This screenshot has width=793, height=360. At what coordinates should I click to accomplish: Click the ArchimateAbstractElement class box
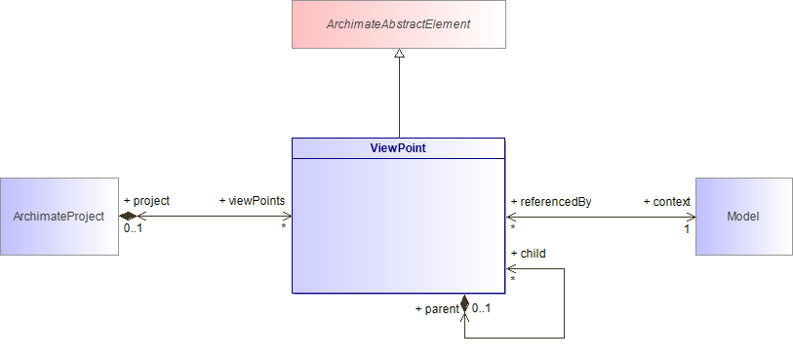click(x=399, y=24)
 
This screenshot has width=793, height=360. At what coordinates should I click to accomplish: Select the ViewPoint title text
click(x=398, y=148)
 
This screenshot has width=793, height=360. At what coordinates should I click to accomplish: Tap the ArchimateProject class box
click(x=59, y=217)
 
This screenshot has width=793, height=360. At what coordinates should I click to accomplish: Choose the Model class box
click(x=743, y=217)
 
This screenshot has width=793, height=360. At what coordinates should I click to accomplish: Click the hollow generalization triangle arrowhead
click(x=399, y=56)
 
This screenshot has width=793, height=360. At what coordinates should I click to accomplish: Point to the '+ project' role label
click(x=146, y=201)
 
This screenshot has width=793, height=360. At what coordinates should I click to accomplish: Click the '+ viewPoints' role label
click(x=252, y=201)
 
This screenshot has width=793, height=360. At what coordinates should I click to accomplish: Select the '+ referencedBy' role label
click(x=550, y=202)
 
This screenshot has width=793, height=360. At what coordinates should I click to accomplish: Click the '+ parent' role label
click(x=436, y=309)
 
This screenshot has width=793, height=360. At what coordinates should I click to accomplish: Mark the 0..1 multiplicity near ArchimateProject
click(x=134, y=228)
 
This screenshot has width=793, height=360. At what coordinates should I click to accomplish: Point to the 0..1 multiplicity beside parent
click(x=481, y=309)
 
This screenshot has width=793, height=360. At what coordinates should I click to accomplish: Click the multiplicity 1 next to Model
click(x=687, y=229)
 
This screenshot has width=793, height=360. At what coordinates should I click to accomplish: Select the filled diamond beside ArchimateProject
click(x=129, y=216)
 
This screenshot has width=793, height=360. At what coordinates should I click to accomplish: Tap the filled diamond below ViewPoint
click(x=464, y=302)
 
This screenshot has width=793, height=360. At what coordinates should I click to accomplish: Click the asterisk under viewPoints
click(x=284, y=228)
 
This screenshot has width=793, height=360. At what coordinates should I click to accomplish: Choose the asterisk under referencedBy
click(x=512, y=228)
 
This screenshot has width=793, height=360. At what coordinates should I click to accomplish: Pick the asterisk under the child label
click(x=512, y=281)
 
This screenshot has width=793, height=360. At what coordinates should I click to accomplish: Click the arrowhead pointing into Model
click(x=690, y=216)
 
